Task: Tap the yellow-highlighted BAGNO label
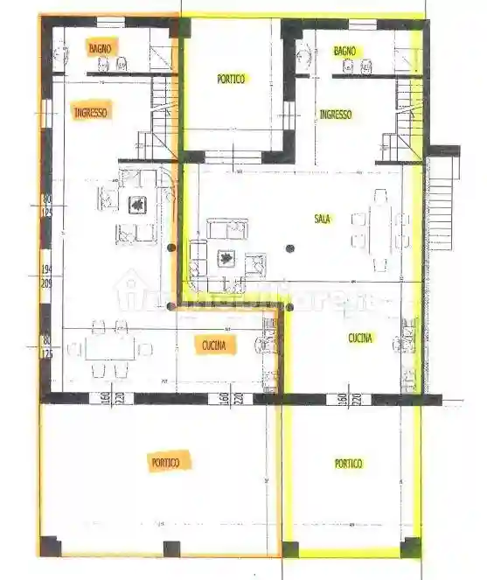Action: pos(344,52)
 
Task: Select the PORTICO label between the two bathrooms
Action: pos(231,78)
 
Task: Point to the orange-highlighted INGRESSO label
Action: pos(90,112)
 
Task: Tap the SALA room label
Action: pos(322,220)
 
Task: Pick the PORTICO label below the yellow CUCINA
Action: pos(348,464)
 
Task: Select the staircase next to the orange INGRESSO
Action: pos(163,118)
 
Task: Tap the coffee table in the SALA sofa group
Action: pos(226,258)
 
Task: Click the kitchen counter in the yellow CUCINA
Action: pos(409,350)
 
